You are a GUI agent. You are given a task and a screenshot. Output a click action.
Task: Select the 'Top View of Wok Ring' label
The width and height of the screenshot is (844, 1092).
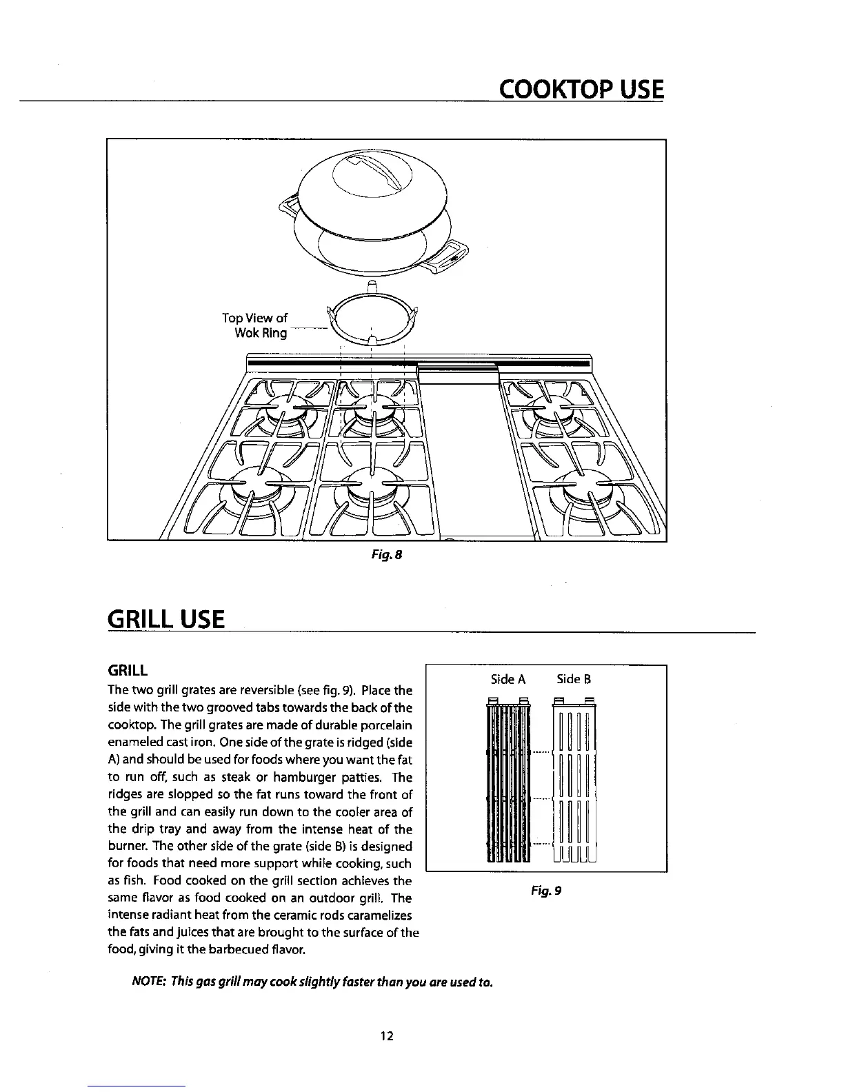(x=254, y=325)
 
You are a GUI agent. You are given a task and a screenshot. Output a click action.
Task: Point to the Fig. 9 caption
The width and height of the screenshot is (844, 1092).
(x=546, y=891)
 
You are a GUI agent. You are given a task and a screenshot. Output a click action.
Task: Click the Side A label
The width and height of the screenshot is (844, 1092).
(x=508, y=680)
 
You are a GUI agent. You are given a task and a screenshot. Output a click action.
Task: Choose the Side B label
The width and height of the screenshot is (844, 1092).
(x=574, y=680)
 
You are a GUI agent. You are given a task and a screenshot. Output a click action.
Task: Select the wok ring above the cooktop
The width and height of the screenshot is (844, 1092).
(x=372, y=318)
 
